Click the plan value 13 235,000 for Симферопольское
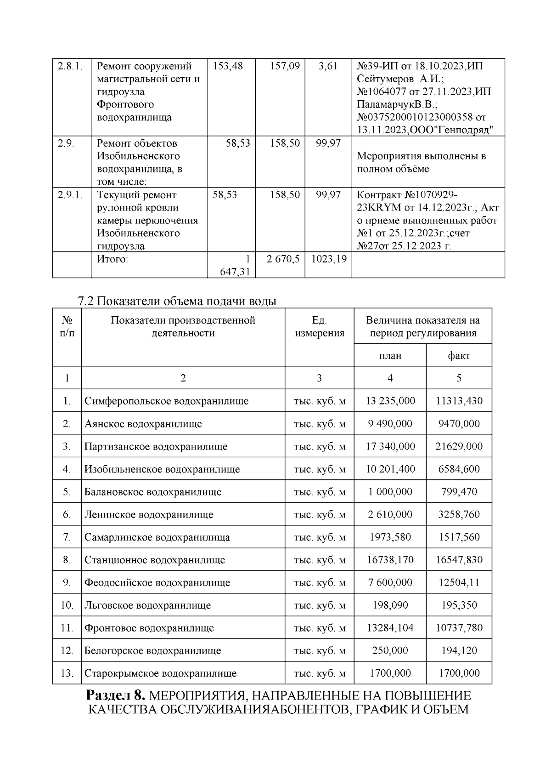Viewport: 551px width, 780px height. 390,401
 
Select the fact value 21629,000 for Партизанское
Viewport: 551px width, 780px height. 459,446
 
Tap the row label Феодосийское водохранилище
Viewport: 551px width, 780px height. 157,583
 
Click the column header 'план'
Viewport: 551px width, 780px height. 390,356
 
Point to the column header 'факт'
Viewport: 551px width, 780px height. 459,356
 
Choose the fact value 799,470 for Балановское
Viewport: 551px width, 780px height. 459,492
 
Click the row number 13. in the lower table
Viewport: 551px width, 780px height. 67,673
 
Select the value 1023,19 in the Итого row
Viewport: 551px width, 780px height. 329,259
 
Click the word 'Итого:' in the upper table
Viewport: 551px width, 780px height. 112,259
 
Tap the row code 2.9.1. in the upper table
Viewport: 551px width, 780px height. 70,195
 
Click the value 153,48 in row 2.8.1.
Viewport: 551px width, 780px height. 228,66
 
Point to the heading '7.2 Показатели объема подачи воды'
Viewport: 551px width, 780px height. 177,302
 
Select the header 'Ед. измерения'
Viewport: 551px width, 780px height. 319,326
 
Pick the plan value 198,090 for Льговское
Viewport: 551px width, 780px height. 390,605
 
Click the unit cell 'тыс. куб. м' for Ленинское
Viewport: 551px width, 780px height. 319,515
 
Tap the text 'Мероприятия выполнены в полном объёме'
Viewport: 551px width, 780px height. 422,162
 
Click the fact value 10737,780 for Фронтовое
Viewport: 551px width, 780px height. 459,628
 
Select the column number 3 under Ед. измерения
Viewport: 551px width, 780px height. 319,378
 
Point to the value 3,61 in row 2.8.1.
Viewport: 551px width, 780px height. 328,66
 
